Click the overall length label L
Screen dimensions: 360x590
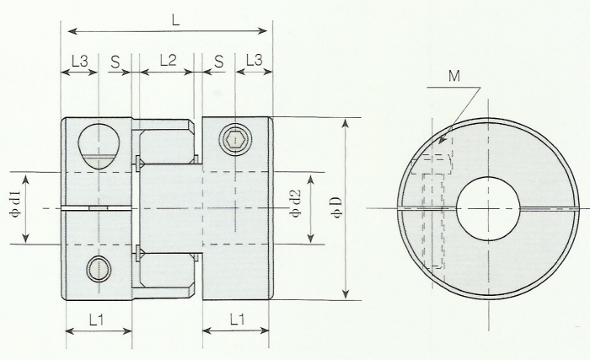pos(175,19)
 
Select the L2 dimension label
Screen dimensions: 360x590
pos(166,61)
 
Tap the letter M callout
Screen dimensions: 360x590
pos(455,76)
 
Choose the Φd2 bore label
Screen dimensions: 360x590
pos(294,207)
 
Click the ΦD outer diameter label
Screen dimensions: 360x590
pos(335,207)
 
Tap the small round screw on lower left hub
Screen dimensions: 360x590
pos(98,270)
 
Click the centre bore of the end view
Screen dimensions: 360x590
pos(489,207)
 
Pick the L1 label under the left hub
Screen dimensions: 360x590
pos(96,320)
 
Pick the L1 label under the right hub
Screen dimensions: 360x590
pos(236,320)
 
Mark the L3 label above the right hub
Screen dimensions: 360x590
pos(252,61)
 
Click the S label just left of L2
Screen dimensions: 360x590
pos(115,61)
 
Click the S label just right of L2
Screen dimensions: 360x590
pos(218,61)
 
